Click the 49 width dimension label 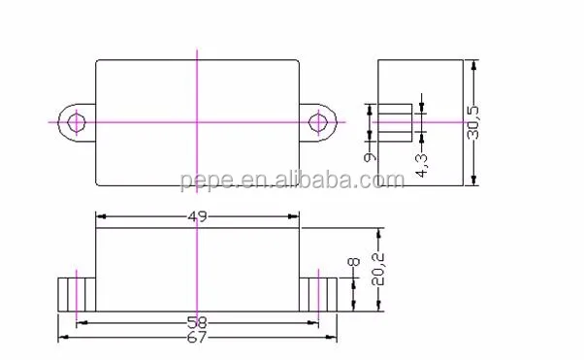197,216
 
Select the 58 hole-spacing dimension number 197,323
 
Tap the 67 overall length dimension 196,338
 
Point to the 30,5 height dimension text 473,122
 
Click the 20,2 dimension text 377,269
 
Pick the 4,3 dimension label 422,165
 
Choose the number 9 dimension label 370,156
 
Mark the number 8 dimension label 353,262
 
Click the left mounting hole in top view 77,122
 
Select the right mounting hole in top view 318,122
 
